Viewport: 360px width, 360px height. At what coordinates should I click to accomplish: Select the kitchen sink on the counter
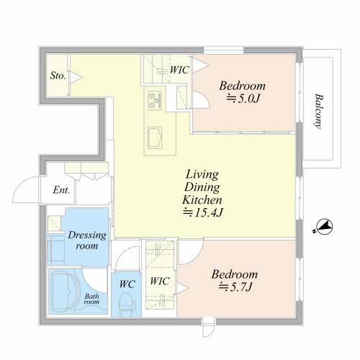coord(155,138)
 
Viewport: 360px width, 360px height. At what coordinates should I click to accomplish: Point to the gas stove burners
coord(155,100)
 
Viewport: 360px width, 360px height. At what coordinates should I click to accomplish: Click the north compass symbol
coord(324,226)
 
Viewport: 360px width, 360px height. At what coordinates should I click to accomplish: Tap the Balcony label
coord(320,112)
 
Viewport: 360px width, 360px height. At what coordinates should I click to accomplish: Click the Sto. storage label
coord(58,76)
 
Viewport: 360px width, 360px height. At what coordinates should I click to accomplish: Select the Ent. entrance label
coord(61,190)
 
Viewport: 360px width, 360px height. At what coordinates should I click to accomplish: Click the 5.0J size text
coord(243,99)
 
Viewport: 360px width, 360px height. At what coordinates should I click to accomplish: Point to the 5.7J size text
coord(235,287)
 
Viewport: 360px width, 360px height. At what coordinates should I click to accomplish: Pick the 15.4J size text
coord(203,212)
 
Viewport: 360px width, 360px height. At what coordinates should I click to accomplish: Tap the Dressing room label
coord(87,240)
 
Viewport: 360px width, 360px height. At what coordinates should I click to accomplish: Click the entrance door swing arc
coord(20,185)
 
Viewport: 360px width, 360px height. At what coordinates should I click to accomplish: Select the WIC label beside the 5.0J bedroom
coord(179,70)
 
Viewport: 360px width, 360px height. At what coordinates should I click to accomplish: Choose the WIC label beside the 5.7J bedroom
coord(160,281)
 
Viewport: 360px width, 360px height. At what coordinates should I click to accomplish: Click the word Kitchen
coord(202,199)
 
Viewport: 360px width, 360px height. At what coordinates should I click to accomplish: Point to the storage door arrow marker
coord(76,78)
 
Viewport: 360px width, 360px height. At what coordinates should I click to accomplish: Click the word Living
coord(202,174)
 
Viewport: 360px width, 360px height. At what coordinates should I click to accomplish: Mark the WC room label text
coord(127,284)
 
